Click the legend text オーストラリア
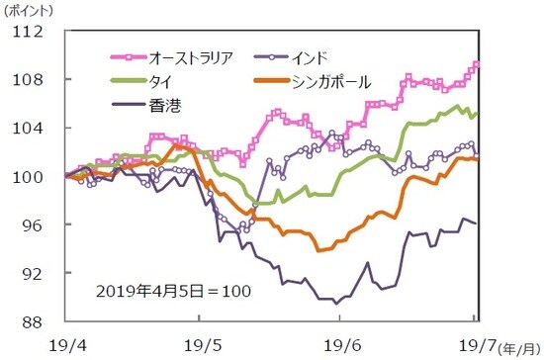coord(187,56)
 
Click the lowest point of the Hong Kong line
coord(336,303)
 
